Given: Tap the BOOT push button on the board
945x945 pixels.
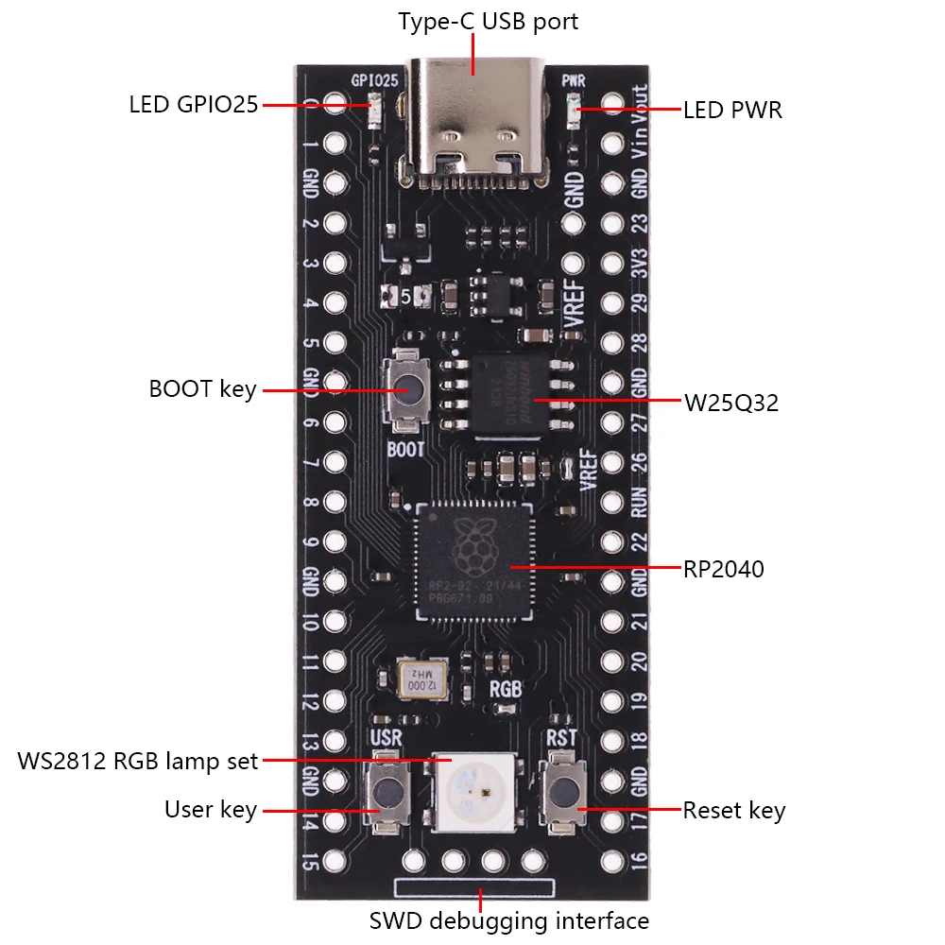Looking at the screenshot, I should [405, 389].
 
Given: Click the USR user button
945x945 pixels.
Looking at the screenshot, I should [386, 792].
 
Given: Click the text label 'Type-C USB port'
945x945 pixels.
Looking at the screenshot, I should [488, 22].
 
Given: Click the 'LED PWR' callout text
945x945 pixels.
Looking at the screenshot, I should [732, 111].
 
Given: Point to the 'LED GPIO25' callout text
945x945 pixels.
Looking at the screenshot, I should [193, 104].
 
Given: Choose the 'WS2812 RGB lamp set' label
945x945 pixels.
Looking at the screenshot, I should [138, 761].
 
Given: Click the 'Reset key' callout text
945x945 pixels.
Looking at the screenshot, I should [734, 810].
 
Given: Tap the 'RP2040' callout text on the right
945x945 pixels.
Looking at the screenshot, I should [723, 569].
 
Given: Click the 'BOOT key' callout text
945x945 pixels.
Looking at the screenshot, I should [202, 389].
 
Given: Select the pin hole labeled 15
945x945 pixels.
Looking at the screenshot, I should [334, 861].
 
